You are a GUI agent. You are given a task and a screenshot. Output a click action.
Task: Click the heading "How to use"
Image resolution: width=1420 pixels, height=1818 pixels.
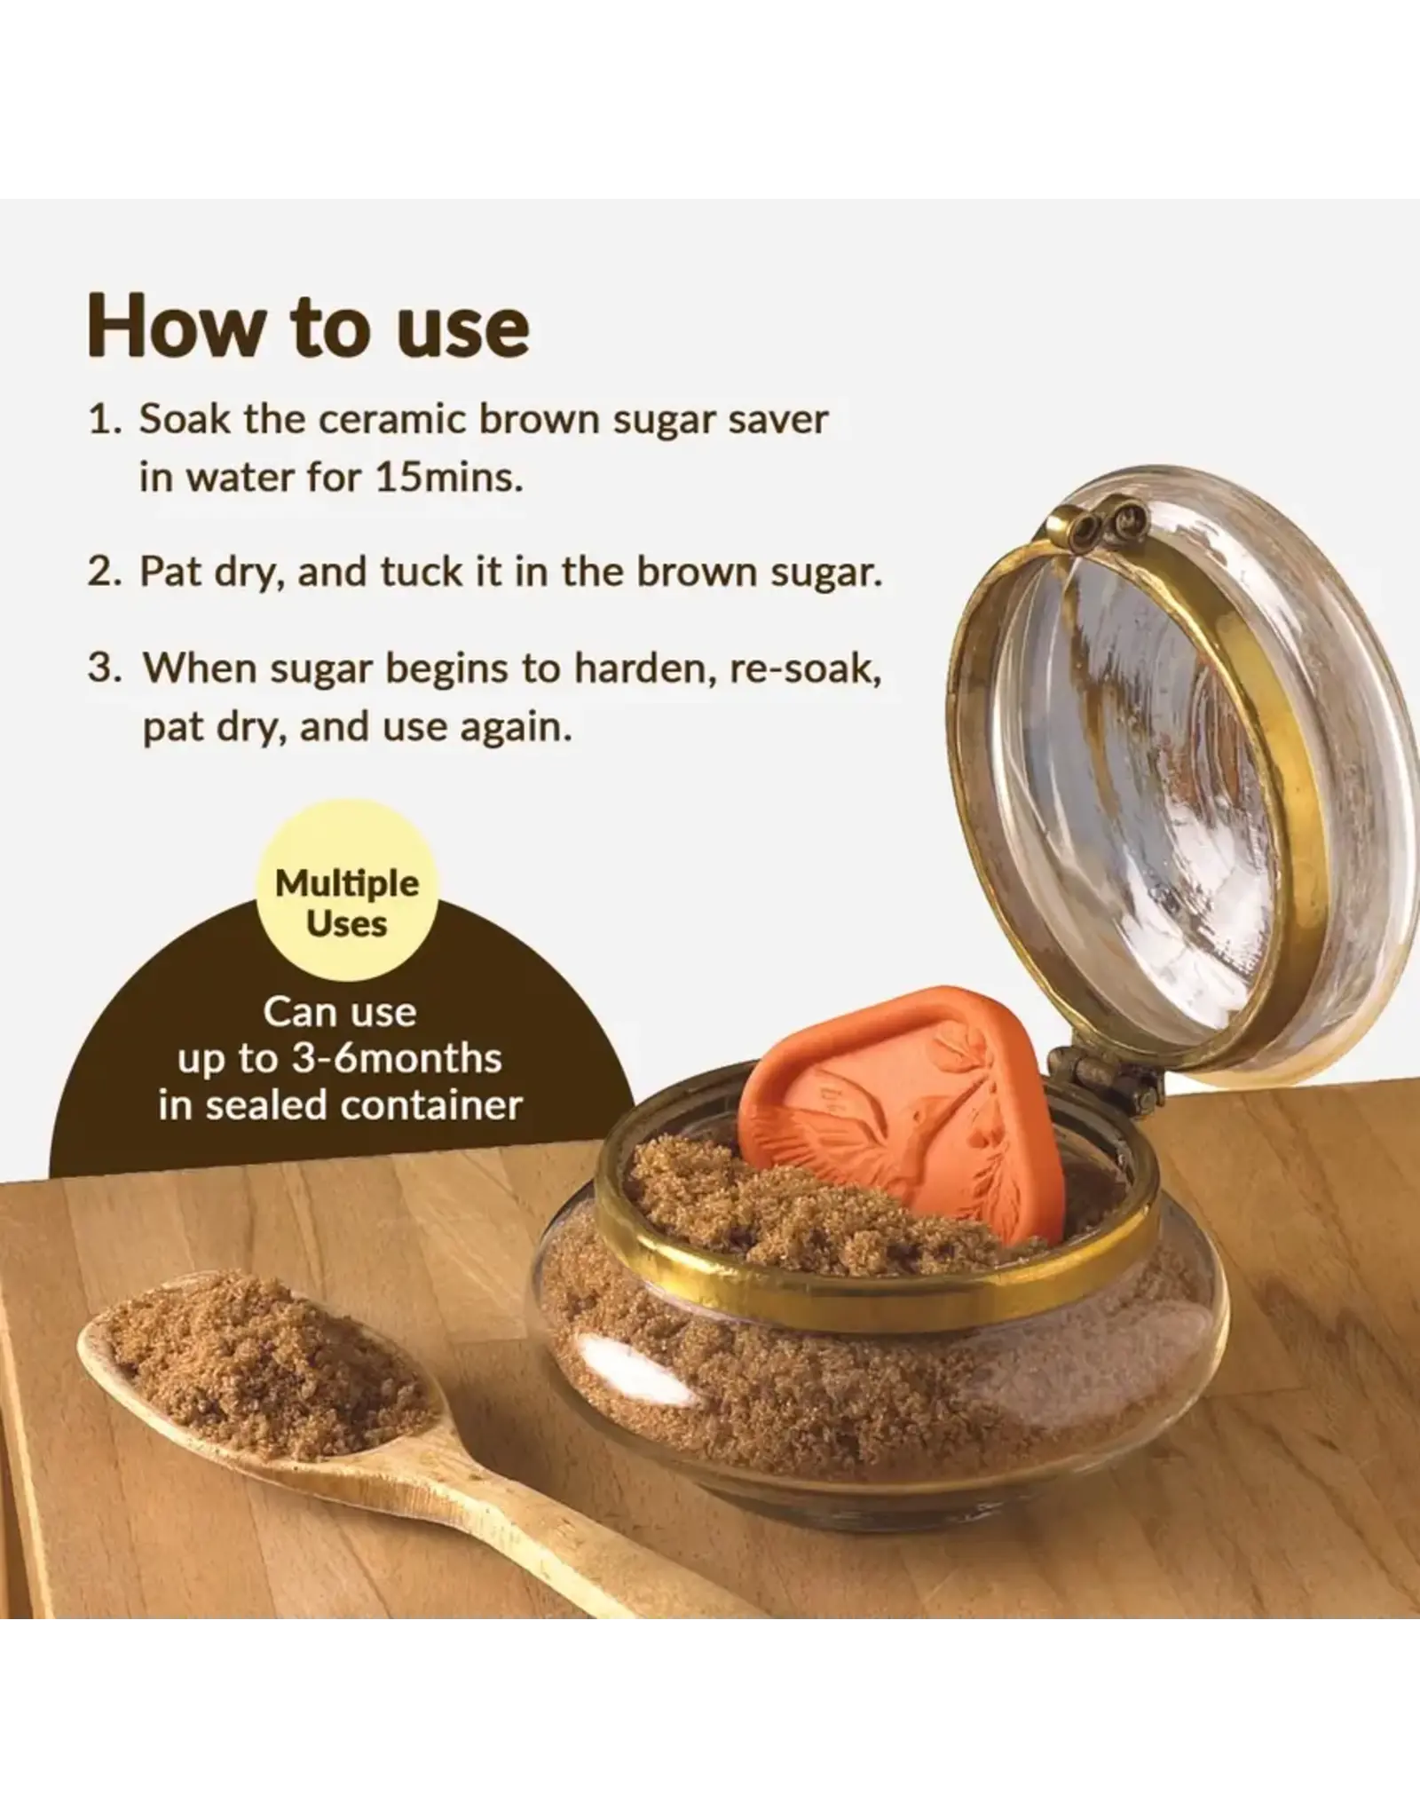[x=308, y=327]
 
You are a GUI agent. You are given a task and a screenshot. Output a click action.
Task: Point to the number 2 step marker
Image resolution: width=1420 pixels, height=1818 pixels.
[x=104, y=573]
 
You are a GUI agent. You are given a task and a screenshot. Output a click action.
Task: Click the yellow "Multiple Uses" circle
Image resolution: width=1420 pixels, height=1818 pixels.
[x=347, y=904]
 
